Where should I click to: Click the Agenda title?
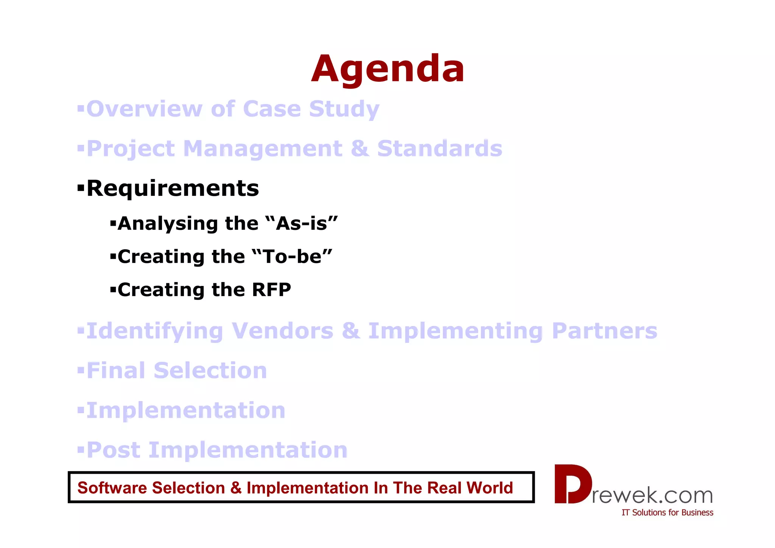tap(387, 69)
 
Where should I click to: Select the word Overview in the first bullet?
tap(145, 109)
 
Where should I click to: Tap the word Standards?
tap(440, 148)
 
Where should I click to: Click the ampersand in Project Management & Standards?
tap(359, 148)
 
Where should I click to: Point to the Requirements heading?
tap(173, 188)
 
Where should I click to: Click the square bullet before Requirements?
tap(80, 187)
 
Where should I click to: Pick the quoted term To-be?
tap(292, 257)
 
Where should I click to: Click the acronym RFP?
tap(271, 290)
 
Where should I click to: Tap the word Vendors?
tap(282, 331)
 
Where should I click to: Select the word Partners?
tap(604, 331)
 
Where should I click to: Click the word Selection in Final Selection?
tap(210, 370)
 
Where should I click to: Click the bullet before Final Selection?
tap(80, 370)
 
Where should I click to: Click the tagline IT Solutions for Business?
tap(667, 512)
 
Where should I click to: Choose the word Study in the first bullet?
tap(344, 109)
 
